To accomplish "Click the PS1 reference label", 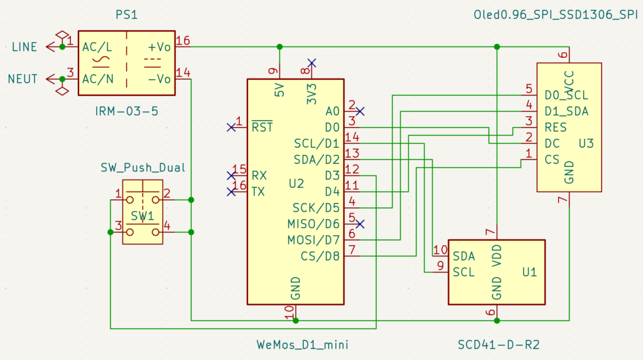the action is (x=126, y=15).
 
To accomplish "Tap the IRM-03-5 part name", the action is (x=126, y=111).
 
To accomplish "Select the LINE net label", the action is (x=24, y=47).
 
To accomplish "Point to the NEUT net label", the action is (x=23, y=79).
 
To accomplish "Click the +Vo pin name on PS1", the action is (x=159, y=47).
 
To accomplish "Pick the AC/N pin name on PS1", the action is (x=97, y=79).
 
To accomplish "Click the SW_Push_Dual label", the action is (x=143, y=168).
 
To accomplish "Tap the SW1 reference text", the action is (x=143, y=216).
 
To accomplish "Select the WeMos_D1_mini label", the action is (x=302, y=345).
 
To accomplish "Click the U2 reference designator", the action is (x=296, y=184).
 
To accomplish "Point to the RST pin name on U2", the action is (x=262, y=127).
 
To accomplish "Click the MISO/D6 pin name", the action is (x=313, y=224).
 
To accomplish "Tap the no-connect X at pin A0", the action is (x=360, y=111).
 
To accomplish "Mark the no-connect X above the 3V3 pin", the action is (x=311, y=63).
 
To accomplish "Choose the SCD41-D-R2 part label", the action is (x=499, y=345).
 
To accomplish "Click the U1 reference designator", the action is (x=529, y=272).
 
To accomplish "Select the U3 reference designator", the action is (x=586, y=144).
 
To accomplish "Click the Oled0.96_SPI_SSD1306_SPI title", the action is (x=556, y=15).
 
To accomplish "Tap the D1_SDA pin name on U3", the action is (x=566, y=111).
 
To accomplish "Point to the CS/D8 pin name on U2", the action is (x=320, y=256).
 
